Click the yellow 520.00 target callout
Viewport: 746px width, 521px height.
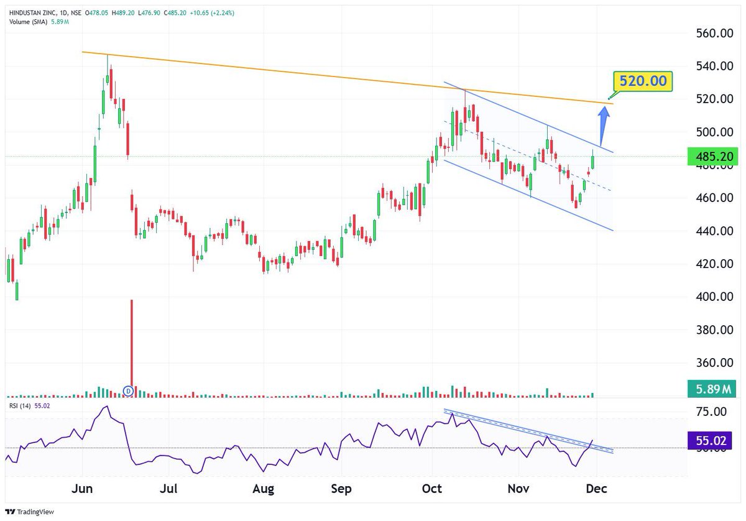pyautogui.click(x=643, y=81)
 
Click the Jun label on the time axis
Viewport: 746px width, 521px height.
pyautogui.click(x=82, y=489)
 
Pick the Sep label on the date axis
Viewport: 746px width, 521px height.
pyautogui.click(x=341, y=489)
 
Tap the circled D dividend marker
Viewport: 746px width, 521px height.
pyautogui.click(x=128, y=390)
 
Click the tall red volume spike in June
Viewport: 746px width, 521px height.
pyautogui.click(x=131, y=342)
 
